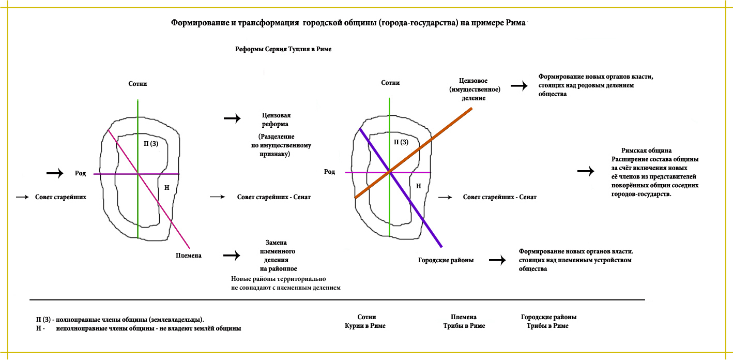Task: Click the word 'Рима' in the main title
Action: click(515, 23)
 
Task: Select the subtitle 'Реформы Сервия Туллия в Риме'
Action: click(283, 49)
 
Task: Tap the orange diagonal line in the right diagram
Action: click(414, 153)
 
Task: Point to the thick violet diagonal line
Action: click(401, 188)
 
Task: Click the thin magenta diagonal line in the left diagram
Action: click(149, 189)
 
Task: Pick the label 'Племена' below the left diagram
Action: click(189, 256)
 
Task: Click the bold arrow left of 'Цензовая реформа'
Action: click(232, 118)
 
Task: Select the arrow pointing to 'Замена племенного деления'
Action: click(232, 255)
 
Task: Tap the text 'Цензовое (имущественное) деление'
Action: click(475, 89)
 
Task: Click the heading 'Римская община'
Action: click(646, 151)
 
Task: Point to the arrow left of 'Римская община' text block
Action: click(586, 171)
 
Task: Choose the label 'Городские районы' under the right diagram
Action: click(446, 260)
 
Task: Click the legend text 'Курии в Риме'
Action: click(365, 326)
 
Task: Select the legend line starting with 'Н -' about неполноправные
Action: click(139, 328)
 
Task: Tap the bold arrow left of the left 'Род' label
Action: click(55, 173)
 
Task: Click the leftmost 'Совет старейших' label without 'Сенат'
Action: click(60, 197)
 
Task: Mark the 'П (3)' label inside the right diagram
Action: click(401, 142)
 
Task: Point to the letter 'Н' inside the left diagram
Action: click(167, 188)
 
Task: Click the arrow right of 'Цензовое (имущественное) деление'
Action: click(520, 86)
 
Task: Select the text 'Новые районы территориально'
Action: click(279, 279)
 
